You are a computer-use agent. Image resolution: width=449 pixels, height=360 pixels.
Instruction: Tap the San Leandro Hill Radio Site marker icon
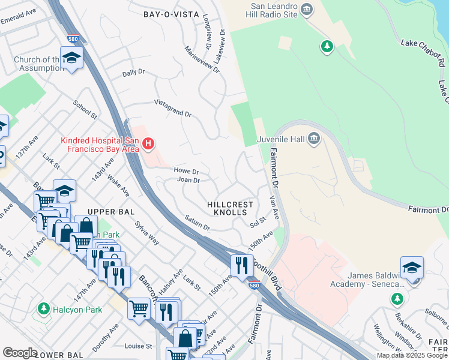307,9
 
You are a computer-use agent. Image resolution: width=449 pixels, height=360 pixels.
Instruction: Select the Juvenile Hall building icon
313,140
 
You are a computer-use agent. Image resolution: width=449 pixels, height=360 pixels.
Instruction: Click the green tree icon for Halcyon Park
43,308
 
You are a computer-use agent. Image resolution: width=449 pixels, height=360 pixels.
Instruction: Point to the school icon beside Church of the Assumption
71,58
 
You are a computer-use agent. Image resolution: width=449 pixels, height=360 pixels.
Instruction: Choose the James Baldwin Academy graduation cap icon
412,268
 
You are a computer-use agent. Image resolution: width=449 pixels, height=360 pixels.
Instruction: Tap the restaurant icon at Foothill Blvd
242,265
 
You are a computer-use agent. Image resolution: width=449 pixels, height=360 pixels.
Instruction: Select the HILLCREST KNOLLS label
227,208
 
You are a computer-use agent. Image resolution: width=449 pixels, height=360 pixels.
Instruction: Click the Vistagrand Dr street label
173,109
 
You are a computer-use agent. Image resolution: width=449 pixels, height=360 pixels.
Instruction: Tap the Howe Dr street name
186,171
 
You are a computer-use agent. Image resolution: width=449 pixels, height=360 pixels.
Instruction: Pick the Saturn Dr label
197,223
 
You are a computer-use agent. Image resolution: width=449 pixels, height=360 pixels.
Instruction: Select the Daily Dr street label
134,73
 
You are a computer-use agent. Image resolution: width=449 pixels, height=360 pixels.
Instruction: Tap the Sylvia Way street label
147,233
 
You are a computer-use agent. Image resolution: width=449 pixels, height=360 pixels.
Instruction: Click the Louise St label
139,346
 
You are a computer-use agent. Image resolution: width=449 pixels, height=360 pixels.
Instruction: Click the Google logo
20,353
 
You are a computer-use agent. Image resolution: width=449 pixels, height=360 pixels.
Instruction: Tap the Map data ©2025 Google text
412,355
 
